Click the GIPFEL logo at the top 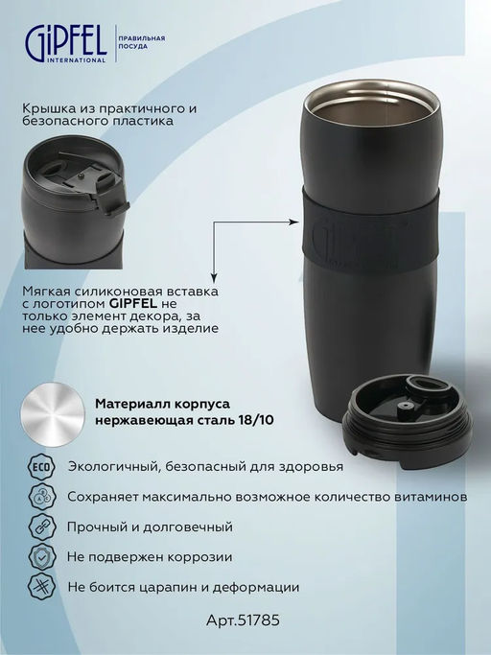tap(66, 42)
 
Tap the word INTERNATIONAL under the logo tap(77, 60)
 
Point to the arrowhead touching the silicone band tap(295, 222)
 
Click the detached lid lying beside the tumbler tap(407, 422)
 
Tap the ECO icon tap(41, 467)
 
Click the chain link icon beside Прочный tap(41, 526)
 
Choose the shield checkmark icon tap(41, 557)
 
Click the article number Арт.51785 tap(243, 620)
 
